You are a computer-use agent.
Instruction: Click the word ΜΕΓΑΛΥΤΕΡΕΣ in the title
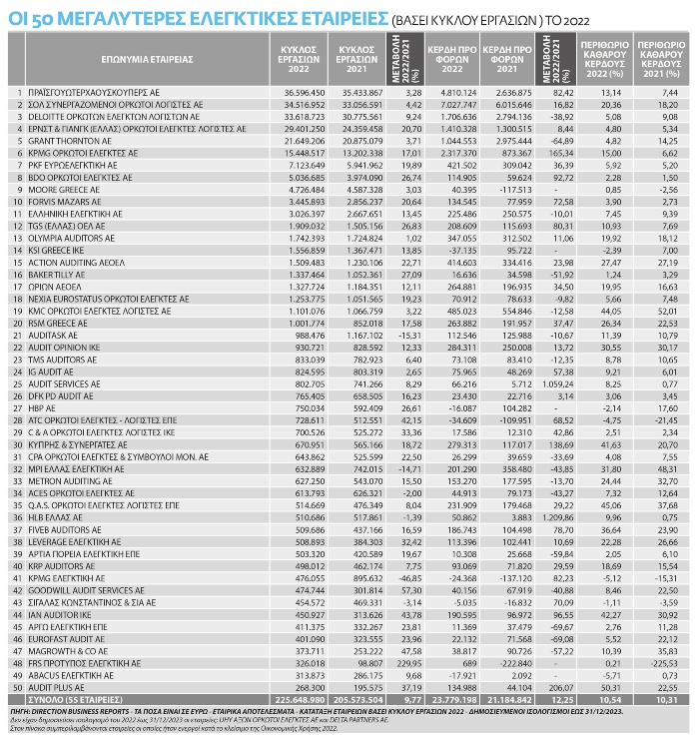tap(109, 17)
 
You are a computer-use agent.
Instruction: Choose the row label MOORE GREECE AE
tap(61, 189)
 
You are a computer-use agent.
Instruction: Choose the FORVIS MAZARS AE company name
tap(63, 199)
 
